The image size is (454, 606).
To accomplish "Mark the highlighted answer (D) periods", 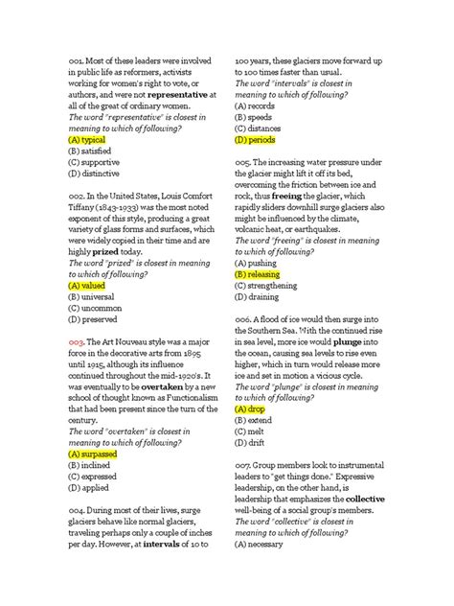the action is pos(256,138).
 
